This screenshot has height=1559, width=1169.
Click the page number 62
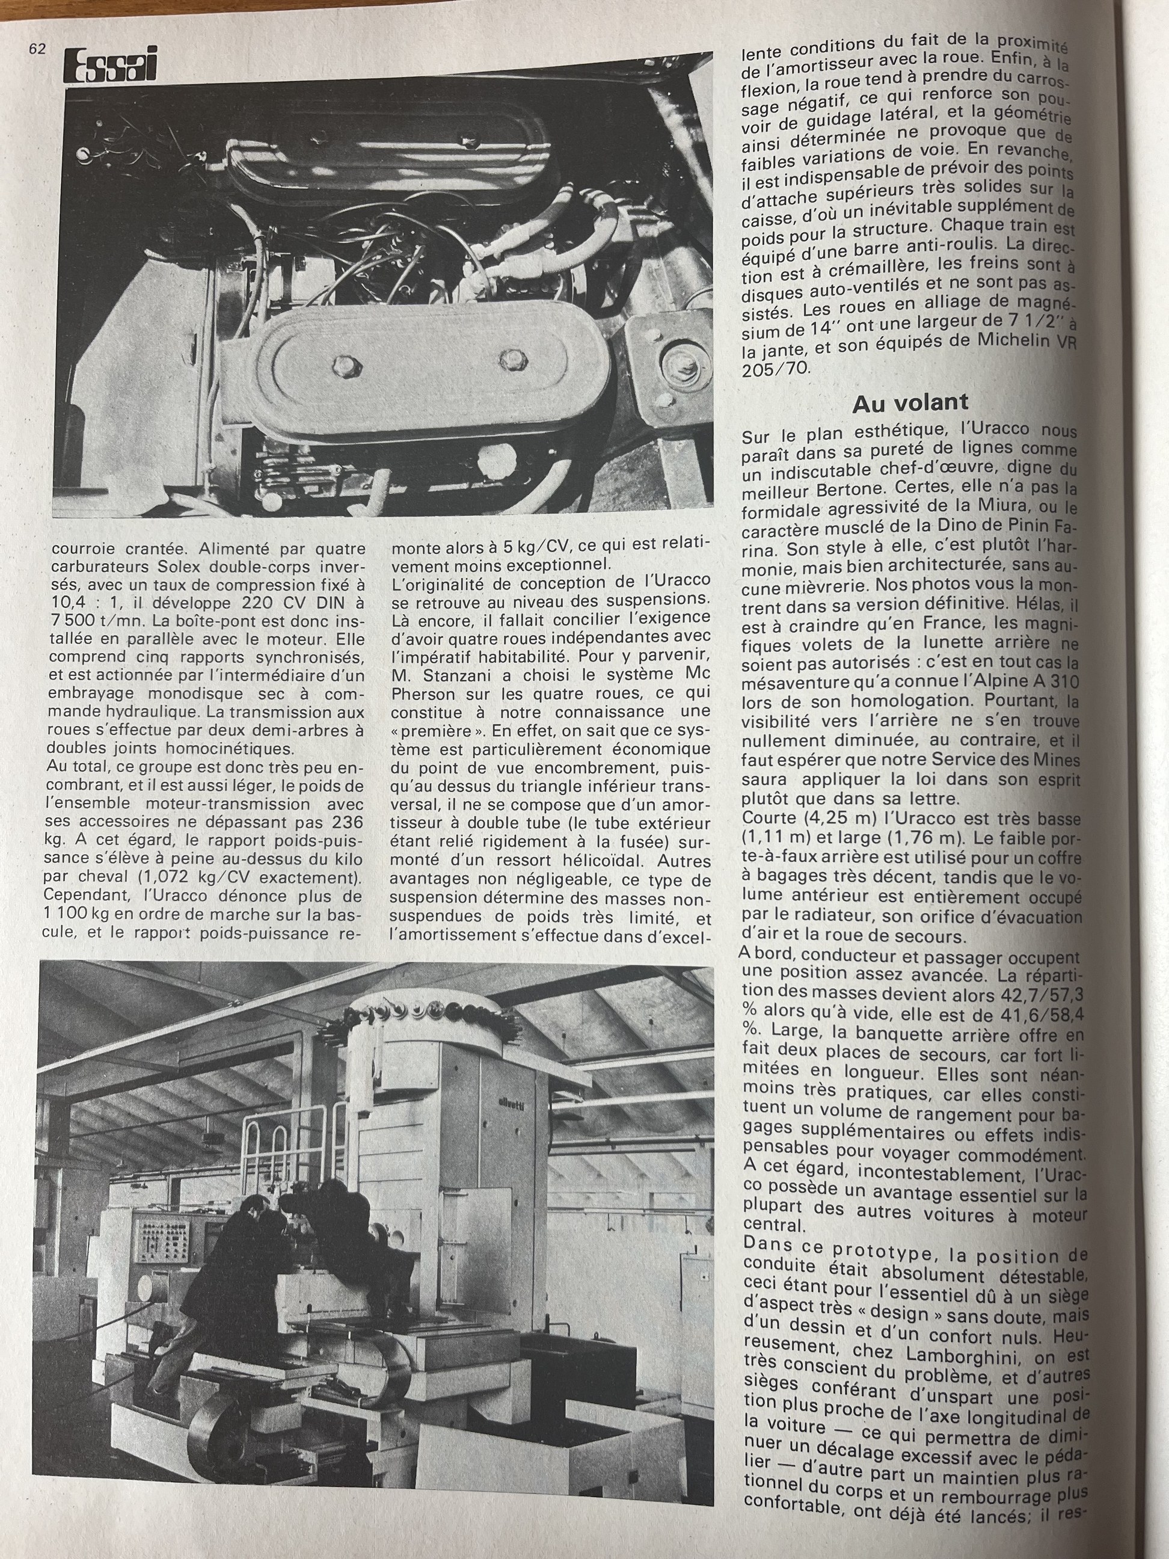37,49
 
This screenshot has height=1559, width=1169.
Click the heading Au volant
910,404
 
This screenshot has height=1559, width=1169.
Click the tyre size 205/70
776,369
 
